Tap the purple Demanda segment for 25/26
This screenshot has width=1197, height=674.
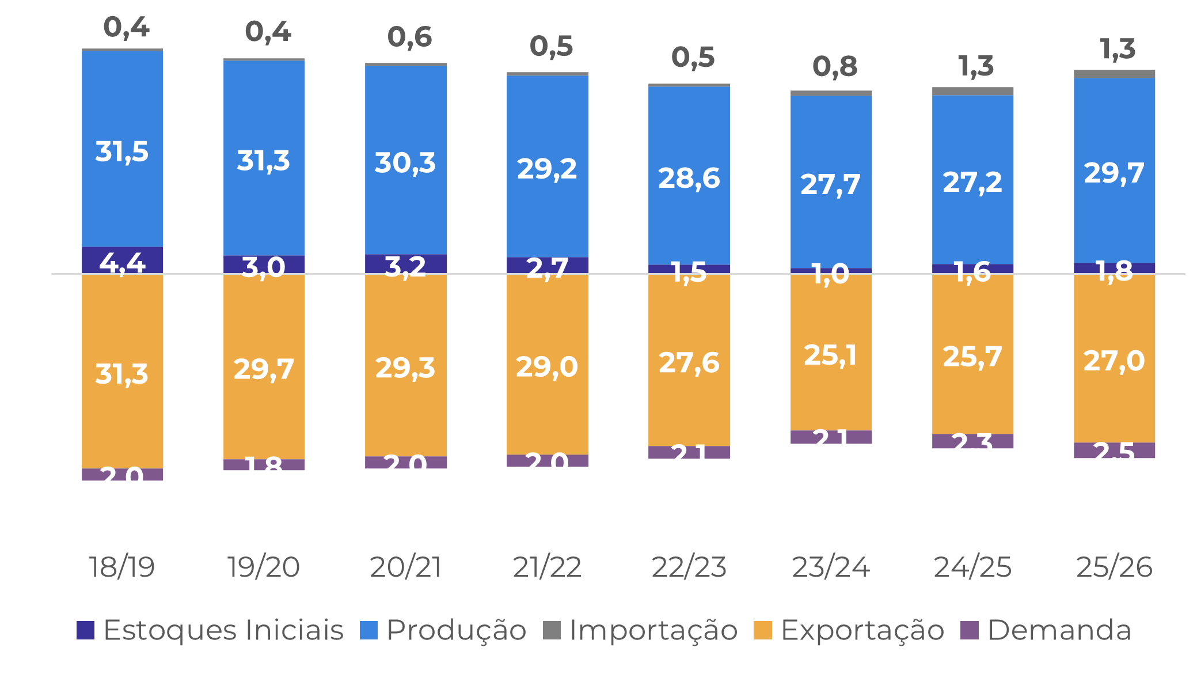[1114, 450]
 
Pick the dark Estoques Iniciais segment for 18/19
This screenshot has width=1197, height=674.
[122, 260]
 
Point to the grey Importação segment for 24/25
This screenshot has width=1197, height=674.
[972, 91]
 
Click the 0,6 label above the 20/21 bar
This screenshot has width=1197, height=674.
[409, 37]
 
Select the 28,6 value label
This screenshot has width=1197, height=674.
[689, 178]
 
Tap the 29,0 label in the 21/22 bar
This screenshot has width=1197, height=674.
[546, 366]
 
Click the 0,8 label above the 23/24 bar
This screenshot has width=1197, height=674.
[835, 67]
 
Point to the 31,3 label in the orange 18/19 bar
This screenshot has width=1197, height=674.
[121, 374]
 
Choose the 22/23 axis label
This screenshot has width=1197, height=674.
[689, 567]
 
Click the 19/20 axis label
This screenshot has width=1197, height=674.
[263, 567]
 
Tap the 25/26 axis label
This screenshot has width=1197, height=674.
[1114, 567]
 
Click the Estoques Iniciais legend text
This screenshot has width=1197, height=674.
[223, 630]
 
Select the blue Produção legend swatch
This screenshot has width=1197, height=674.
[368, 630]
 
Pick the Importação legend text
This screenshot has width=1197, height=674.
[653, 630]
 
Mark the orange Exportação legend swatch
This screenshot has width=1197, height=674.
[762, 630]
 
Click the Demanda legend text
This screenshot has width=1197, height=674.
[1059, 630]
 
